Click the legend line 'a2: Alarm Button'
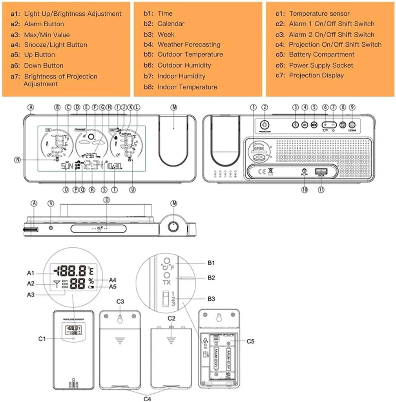coord(43,24)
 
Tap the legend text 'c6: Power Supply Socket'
coord(314,65)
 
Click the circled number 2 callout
coord(265,107)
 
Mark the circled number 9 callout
coord(352,107)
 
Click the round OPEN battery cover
coord(258,153)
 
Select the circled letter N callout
coord(17,159)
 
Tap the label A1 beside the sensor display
coord(31,273)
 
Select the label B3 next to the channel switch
coord(212,299)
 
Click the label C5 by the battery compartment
coord(251,341)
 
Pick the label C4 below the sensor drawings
coord(147,398)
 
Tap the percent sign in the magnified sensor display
coord(91,281)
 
